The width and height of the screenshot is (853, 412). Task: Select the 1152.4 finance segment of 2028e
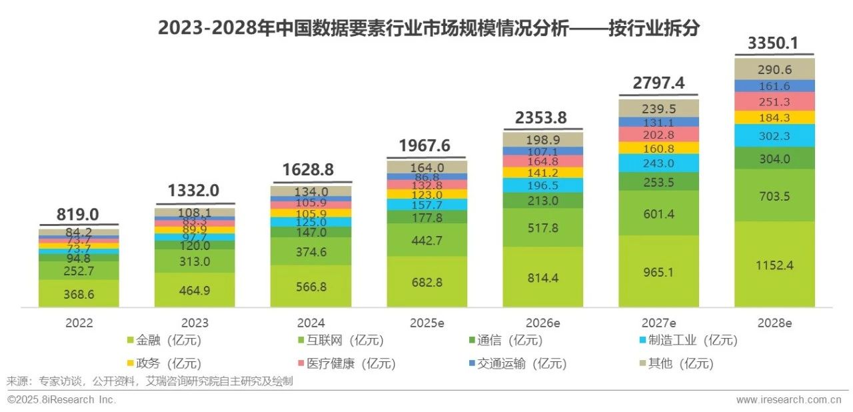click(774, 265)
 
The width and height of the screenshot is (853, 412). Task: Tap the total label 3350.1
click(774, 43)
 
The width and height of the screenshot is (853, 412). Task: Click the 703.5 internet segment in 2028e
click(774, 195)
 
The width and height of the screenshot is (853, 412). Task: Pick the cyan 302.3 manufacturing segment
click(774, 136)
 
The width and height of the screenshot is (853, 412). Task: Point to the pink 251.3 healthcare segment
click(774, 101)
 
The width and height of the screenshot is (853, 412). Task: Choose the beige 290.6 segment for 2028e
click(774, 69)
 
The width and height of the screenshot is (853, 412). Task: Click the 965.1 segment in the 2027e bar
click(658, 272)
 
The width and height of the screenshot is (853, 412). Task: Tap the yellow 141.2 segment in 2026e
click(542, 173)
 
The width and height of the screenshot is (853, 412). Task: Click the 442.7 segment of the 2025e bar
click(426, 241)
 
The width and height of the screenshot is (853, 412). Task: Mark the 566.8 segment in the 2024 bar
click(311, 287)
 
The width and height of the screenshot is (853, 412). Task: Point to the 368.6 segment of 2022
click(79, 294)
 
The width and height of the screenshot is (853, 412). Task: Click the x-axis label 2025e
click(426, 323)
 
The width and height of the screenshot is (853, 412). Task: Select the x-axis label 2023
click(195, 323)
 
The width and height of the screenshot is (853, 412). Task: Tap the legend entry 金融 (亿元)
click(163, 341)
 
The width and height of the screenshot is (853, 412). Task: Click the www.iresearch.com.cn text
click(788, 400)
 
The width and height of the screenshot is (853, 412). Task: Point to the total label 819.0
click(79, 214)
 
